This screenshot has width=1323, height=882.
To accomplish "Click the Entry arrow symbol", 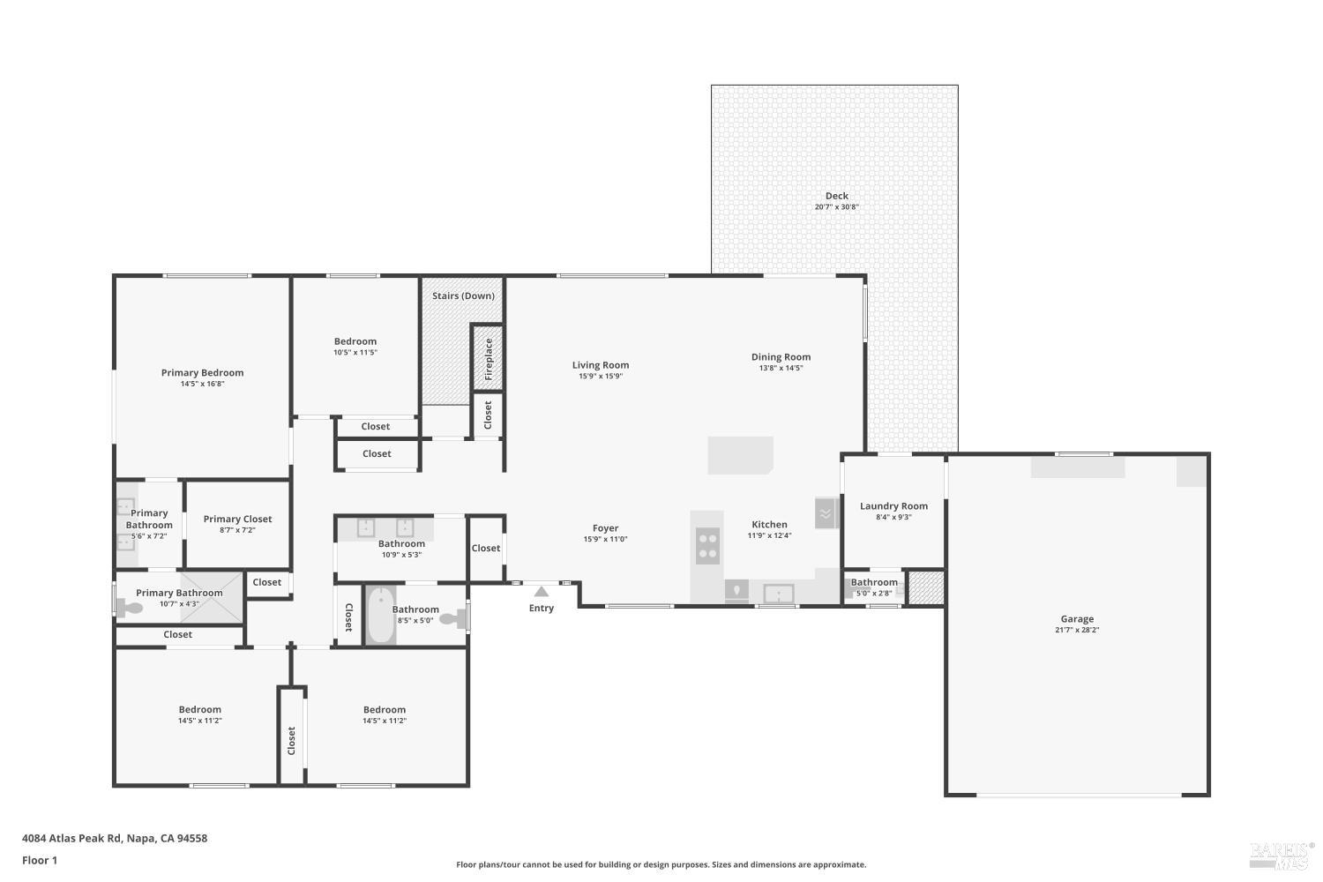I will [542, 592].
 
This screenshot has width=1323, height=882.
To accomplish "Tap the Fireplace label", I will [489, 357].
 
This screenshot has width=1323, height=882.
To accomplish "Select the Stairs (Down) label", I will [463, 295].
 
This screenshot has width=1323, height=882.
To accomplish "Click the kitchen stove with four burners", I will [707, 545].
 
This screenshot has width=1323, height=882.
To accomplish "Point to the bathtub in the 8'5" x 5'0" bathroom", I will [381, 616].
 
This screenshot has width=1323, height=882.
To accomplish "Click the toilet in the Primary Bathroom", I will [132, 608].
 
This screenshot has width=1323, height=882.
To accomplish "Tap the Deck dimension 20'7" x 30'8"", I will [836, 207].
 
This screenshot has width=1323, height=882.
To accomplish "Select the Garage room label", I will [1077, 619].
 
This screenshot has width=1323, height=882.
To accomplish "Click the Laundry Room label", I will [893, 506].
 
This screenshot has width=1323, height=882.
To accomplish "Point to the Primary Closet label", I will [237, 519].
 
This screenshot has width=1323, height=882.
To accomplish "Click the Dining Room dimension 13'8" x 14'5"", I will [781, 369].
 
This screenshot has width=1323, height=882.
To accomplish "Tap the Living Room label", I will [601, 365].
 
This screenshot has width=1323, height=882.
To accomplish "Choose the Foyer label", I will [605, 528].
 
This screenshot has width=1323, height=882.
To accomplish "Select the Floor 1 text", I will [40, 860].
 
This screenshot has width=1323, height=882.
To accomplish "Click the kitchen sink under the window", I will [778, 594].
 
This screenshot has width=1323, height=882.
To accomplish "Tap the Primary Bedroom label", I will [202, 373].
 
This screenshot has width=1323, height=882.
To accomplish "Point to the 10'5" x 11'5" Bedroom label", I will [355, 341].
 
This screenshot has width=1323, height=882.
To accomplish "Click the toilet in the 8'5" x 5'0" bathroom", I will [452, 619].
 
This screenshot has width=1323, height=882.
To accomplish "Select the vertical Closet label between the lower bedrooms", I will [291, 740].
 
